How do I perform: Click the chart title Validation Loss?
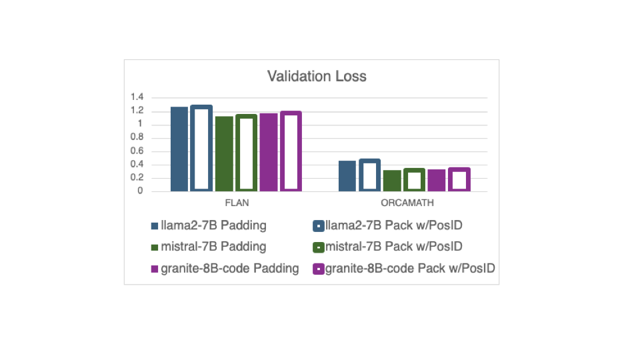[317, 76]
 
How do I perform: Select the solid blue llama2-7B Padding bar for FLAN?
[179, 149]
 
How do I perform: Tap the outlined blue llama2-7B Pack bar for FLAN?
[201, 149]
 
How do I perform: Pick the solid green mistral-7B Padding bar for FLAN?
[224, 154]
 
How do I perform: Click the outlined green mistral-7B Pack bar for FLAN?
[246, 153]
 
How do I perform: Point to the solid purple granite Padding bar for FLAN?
[269, 153]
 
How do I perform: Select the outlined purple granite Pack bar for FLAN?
[291, 151]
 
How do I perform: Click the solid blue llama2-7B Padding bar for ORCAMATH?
[347, 176]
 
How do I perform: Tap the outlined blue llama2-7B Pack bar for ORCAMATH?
[369, 175]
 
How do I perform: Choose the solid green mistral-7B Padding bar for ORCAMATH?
[392, 181]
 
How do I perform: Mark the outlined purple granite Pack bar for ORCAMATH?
[459, 180]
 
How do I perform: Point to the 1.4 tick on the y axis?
[137, 98]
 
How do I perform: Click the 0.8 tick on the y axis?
[137, 138]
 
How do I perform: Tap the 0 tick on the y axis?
[140, 191]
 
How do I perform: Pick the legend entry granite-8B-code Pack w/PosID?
[408, 269]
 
